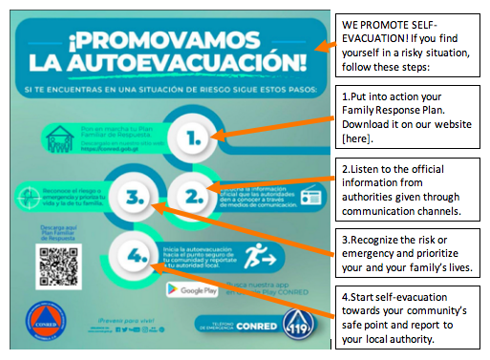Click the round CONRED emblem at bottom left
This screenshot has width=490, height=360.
[42, 324]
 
